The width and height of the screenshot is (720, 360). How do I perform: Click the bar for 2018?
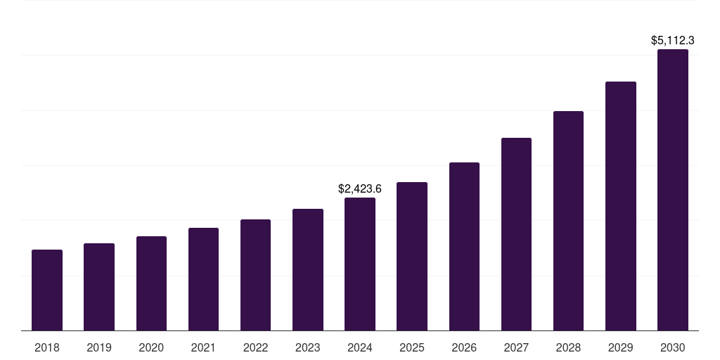pyautogui.click(x=47, y=290)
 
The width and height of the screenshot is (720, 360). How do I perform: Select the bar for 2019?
pyautogui.click(x=99, y=287)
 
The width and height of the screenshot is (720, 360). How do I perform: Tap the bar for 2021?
pyautogui.click(x=203, y=279)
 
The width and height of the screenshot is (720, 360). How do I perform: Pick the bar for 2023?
pyautogui.click(x=308, y=269)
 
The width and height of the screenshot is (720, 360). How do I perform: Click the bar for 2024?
pyautogui.click(x=360, y=264)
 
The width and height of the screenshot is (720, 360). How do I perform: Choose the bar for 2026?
pyautogui.click(x=464, y=246)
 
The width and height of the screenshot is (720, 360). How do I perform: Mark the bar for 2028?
pyautogui.click(x=568, y=221)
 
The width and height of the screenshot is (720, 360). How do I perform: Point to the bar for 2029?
pyautogui.click(x=621, y=206)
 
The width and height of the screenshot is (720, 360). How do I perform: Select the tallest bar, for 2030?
pyautogui.click(x=673, y=190)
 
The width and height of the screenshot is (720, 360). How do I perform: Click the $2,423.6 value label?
pyautogui.click(x=360, y=188)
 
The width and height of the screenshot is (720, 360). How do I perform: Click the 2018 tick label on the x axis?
pyautogui.click(x=47, y=347)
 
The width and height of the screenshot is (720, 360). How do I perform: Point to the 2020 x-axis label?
pyautogui.click(x=151, y=347)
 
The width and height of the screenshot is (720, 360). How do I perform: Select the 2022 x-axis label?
pyautogui.click(x=255, y=347)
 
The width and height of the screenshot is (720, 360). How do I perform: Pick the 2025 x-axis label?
pyautogui.click(x=412, y=347)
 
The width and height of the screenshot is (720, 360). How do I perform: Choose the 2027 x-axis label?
pyautogui.click(x=516, y=347)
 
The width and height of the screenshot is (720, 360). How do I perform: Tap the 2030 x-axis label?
pyautogui.click(x=673, y=347)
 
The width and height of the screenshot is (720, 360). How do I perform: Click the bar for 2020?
pyautogui.click(x=151, y=283)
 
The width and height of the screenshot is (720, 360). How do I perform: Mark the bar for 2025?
pyautogui.click(x=412, y=256)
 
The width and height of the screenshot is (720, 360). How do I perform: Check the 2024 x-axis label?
pyautogui.click(x=360, y=347)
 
